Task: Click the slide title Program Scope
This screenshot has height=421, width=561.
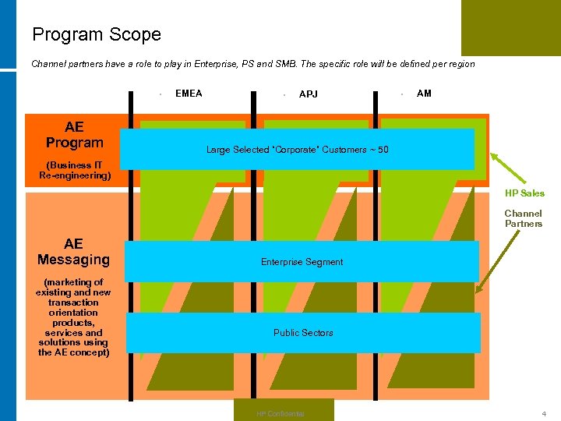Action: pos(97,35)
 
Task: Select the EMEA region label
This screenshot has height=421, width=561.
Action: pos(189,94)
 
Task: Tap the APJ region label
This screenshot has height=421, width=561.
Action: pos(309,94)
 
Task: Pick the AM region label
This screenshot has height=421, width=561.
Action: pos(424,94)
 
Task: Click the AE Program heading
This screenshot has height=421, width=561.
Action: pos(74,135)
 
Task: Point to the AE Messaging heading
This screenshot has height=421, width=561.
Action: pos(73,252)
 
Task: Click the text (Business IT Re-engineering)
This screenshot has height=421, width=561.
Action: pos(75,170)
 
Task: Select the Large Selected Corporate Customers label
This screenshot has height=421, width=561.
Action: pos(297,150)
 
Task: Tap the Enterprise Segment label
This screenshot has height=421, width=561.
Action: pos(302,262)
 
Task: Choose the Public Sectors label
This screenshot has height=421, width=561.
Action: pos(303,333)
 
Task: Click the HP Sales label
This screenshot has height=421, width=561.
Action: pos(524,193)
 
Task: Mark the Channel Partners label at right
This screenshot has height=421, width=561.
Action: pos(523,218)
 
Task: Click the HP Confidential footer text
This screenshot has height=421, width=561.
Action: pos(280,413)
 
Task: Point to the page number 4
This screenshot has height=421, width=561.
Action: pos(545,413)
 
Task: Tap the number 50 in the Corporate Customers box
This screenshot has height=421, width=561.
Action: pos(383,150)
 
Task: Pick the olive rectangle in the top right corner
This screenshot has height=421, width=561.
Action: pos(510,27)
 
